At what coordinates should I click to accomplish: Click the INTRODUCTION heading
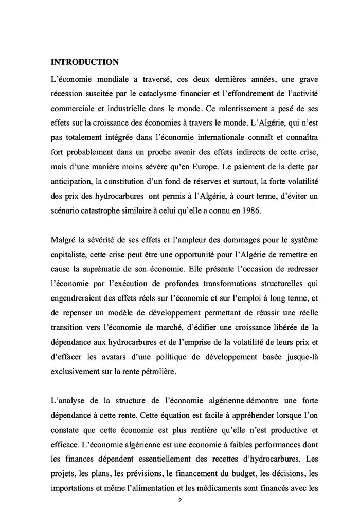(x=85, y=62)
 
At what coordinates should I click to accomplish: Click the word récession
(x=68, y=96)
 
